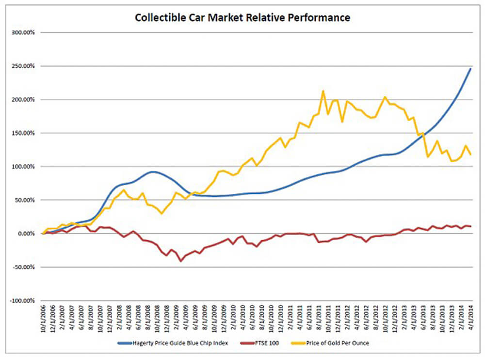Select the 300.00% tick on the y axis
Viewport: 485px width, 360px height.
coord(23,32)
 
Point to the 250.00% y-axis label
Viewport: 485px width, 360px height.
coord(23,66)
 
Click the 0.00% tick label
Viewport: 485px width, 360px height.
coord(27,234)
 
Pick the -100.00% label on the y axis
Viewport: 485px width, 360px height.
coord(22,300)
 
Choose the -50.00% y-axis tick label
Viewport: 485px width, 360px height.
coord(24,267)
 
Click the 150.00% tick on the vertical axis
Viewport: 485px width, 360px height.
coord(23,133)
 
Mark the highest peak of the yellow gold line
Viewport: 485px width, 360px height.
coord(323,91)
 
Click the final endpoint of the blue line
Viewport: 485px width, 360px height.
coord(470,69)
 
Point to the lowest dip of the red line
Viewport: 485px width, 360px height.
coord(181,261)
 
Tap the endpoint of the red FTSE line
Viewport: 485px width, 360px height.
coord(470,226)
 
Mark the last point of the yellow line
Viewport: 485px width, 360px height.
coord(470,155)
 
